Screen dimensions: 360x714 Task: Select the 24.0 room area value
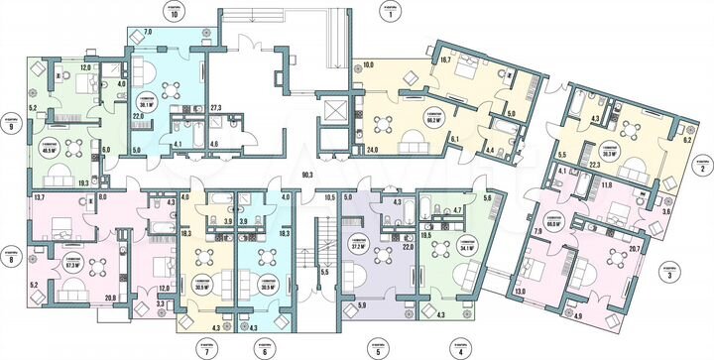[x=373, y=151]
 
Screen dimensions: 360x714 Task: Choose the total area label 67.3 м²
[x=71, y=265]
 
